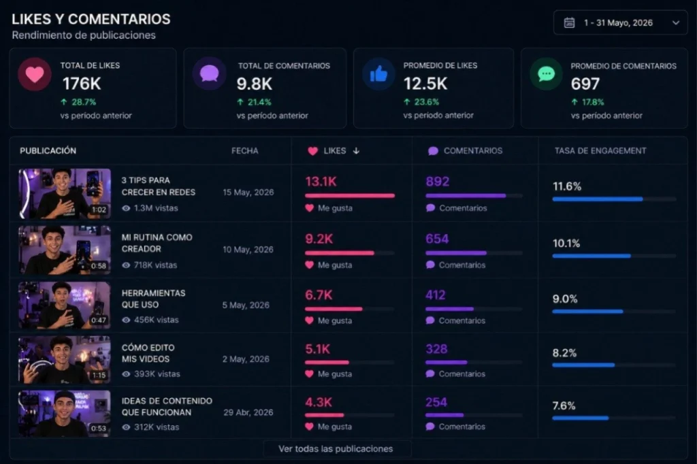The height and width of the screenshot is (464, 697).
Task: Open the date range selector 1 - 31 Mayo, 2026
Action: (x=620, y=22)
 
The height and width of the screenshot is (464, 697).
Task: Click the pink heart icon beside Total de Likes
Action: (x=34, y=74)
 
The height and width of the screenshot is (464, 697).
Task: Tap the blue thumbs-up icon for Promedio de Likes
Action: (x=378, y=74)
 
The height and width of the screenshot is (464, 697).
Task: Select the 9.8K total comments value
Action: (x=255, y=84)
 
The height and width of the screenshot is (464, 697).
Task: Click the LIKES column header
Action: (x=334, y=151)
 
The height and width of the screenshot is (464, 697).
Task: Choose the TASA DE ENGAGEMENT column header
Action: (x=600, y=151)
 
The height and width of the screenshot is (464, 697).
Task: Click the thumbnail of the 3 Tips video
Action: (x=64, y=193)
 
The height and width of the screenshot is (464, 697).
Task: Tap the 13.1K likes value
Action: (x=321, y=182)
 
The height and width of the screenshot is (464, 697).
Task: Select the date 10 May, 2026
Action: (x=248, y=250)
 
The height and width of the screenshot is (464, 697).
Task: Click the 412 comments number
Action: (x=436, y=295)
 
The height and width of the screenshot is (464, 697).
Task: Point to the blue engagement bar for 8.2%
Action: (x=583, y=365)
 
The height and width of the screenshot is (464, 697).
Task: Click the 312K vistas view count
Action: (x=152, y=427)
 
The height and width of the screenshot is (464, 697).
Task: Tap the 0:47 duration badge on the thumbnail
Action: (x=99, y=320)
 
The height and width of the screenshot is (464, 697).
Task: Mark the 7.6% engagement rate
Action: (x=564, y=406)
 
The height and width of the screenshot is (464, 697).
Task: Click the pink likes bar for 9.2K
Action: (x=339, y=252)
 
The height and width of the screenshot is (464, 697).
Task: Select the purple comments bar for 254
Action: (x=444, y=415)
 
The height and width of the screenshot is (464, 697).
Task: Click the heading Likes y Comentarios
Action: (x=91, y=19)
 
